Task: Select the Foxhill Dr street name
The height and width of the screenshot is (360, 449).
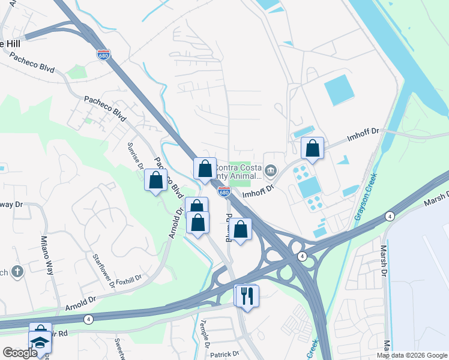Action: click(128, 279)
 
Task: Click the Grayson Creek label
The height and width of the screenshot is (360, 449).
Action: click(366, 197)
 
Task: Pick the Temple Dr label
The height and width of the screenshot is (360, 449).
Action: click(205, 340)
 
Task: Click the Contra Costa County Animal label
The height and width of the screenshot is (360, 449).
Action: click(239, 172)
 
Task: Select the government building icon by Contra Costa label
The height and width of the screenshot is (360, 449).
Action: click(271, 172)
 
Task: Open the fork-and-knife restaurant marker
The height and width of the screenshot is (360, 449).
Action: click(247, 295)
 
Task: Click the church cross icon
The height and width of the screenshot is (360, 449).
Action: click(17, 272)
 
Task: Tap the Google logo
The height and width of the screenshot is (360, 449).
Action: click(19, 353)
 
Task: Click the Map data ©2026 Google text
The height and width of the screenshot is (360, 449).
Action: click(411, 355)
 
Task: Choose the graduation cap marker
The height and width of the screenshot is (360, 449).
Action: click(40, 343)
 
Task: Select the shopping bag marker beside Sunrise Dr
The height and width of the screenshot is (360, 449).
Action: click(156, 180)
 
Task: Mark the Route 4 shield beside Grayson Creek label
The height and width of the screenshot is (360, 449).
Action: click(390, 216)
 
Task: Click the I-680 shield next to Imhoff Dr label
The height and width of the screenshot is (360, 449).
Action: click(224, 192)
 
